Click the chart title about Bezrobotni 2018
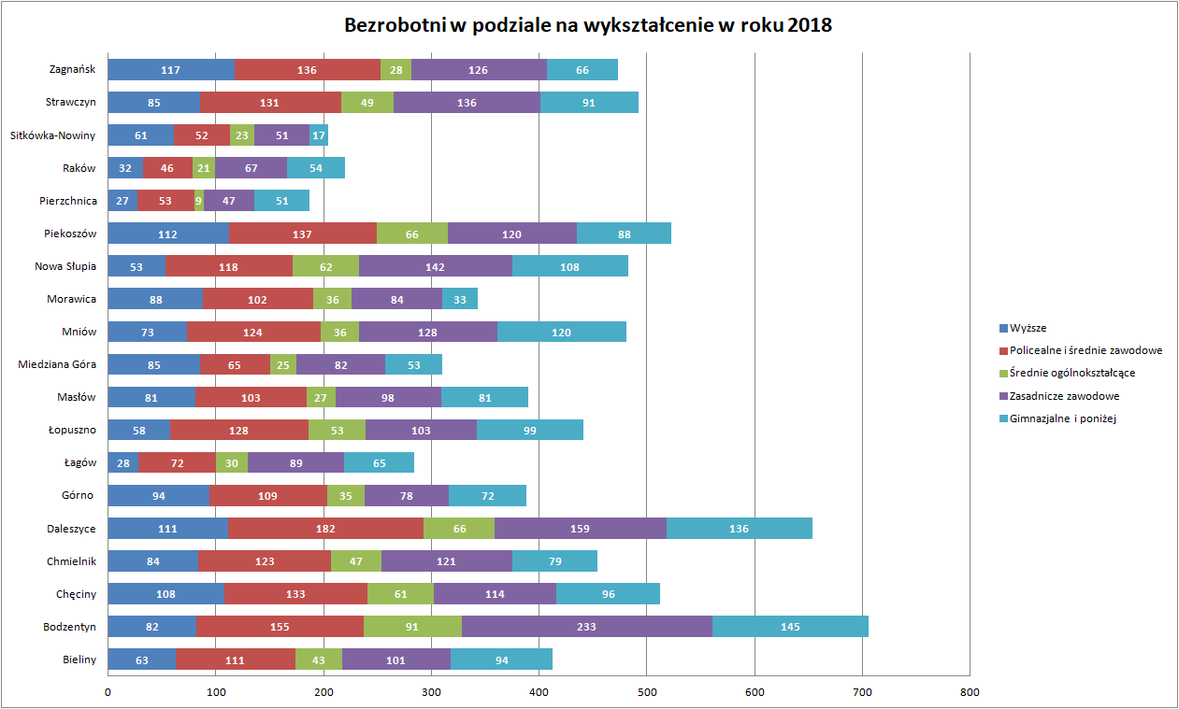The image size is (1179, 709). pos(588,25)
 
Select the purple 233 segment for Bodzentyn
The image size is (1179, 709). pos(586,626)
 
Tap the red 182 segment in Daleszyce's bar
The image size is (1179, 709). pos(325,528)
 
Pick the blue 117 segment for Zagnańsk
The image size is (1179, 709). pos(171,69)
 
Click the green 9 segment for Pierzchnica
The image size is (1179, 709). pos(199,200)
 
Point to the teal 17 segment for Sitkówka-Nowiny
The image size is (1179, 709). pos(319,135)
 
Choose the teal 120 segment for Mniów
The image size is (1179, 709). pos(561,332)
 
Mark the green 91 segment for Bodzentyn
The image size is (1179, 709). pos(412,626)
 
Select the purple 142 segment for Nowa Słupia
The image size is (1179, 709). pos(435,266)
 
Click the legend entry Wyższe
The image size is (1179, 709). pos(1028,328)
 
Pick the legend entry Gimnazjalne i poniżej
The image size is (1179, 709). pos(1063,418)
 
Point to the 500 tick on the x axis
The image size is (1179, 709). pos(647,692)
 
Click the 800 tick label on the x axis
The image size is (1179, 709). pos(970,692)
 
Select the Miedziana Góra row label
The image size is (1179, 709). pos(57,364)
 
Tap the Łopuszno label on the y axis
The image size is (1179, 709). pos(72,430)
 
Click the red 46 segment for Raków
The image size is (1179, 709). pos(167,167)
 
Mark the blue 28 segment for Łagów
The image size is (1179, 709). pos(122,462)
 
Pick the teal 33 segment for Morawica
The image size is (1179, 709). pos(460,299)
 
